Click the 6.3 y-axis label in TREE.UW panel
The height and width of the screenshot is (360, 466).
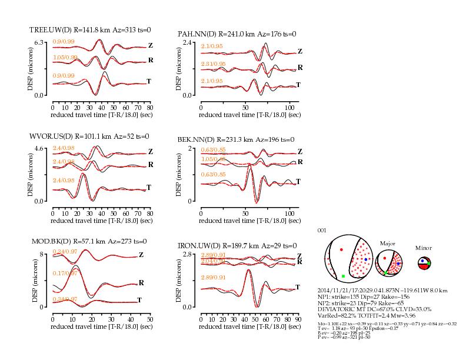tap(40, 43)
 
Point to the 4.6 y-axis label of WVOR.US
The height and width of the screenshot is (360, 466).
tap(40, 149)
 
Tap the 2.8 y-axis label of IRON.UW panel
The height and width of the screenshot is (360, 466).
tap(188, 255)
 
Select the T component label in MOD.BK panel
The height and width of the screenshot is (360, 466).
tap(139, 300)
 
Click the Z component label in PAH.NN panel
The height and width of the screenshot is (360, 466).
tap(299, 51)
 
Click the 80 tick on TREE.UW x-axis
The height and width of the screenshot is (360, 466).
tap(149, 108)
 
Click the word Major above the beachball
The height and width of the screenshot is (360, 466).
tap(387, 242)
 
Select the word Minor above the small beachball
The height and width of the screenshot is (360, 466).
tap(423, 248)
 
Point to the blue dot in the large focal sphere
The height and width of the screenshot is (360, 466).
tap(365, 259)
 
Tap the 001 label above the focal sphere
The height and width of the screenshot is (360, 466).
tap(321, 230)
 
